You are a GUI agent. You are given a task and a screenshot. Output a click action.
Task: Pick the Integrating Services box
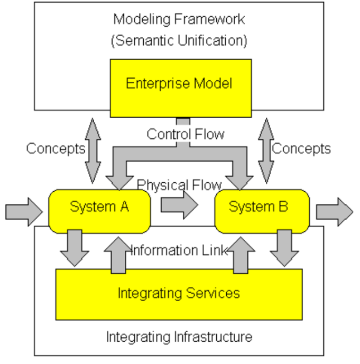(179, 293)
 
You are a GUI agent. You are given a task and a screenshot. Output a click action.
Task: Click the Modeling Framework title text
(179, 20)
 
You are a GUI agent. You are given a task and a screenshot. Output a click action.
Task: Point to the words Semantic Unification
(179, 41)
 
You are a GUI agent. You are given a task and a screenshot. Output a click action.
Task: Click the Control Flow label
(186, 134)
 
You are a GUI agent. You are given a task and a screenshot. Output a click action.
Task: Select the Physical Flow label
(179, 185)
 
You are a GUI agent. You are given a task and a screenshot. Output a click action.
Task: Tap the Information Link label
(179, 250)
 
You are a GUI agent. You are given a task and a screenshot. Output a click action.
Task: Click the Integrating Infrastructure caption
(179, 337)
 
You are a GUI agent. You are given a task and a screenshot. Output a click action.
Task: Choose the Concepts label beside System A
(56, 148)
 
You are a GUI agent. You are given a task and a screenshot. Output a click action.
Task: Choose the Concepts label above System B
(301, 148)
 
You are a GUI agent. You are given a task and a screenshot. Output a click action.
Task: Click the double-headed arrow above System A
(94, 151)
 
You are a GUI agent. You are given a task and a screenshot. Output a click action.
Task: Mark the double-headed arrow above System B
(266, 151)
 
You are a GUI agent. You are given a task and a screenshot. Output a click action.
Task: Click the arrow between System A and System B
(179, 206)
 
